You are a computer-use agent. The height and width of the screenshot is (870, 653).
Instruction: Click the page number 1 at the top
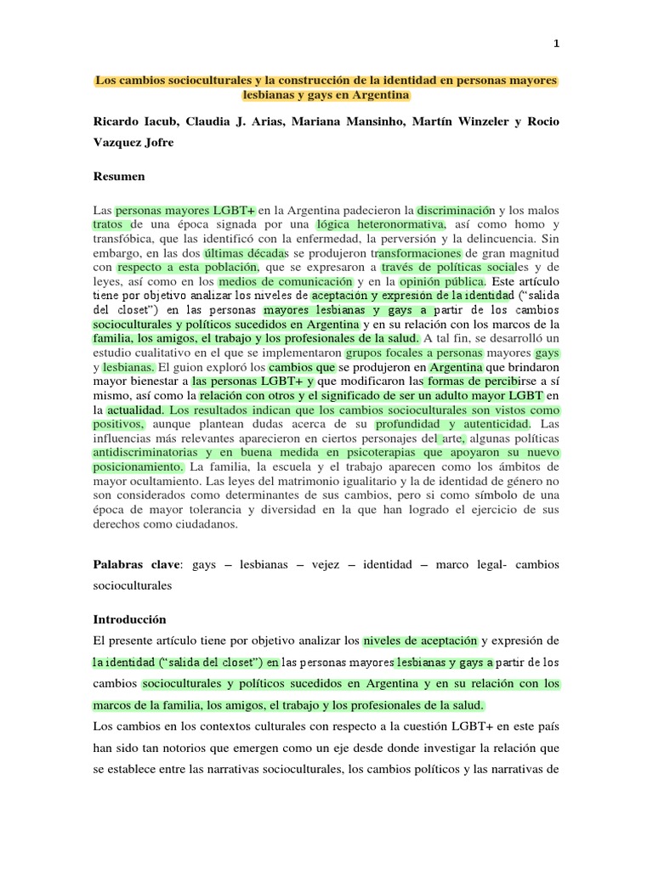click(555, 43)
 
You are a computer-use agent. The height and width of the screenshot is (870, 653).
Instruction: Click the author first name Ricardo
click(120, 121)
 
